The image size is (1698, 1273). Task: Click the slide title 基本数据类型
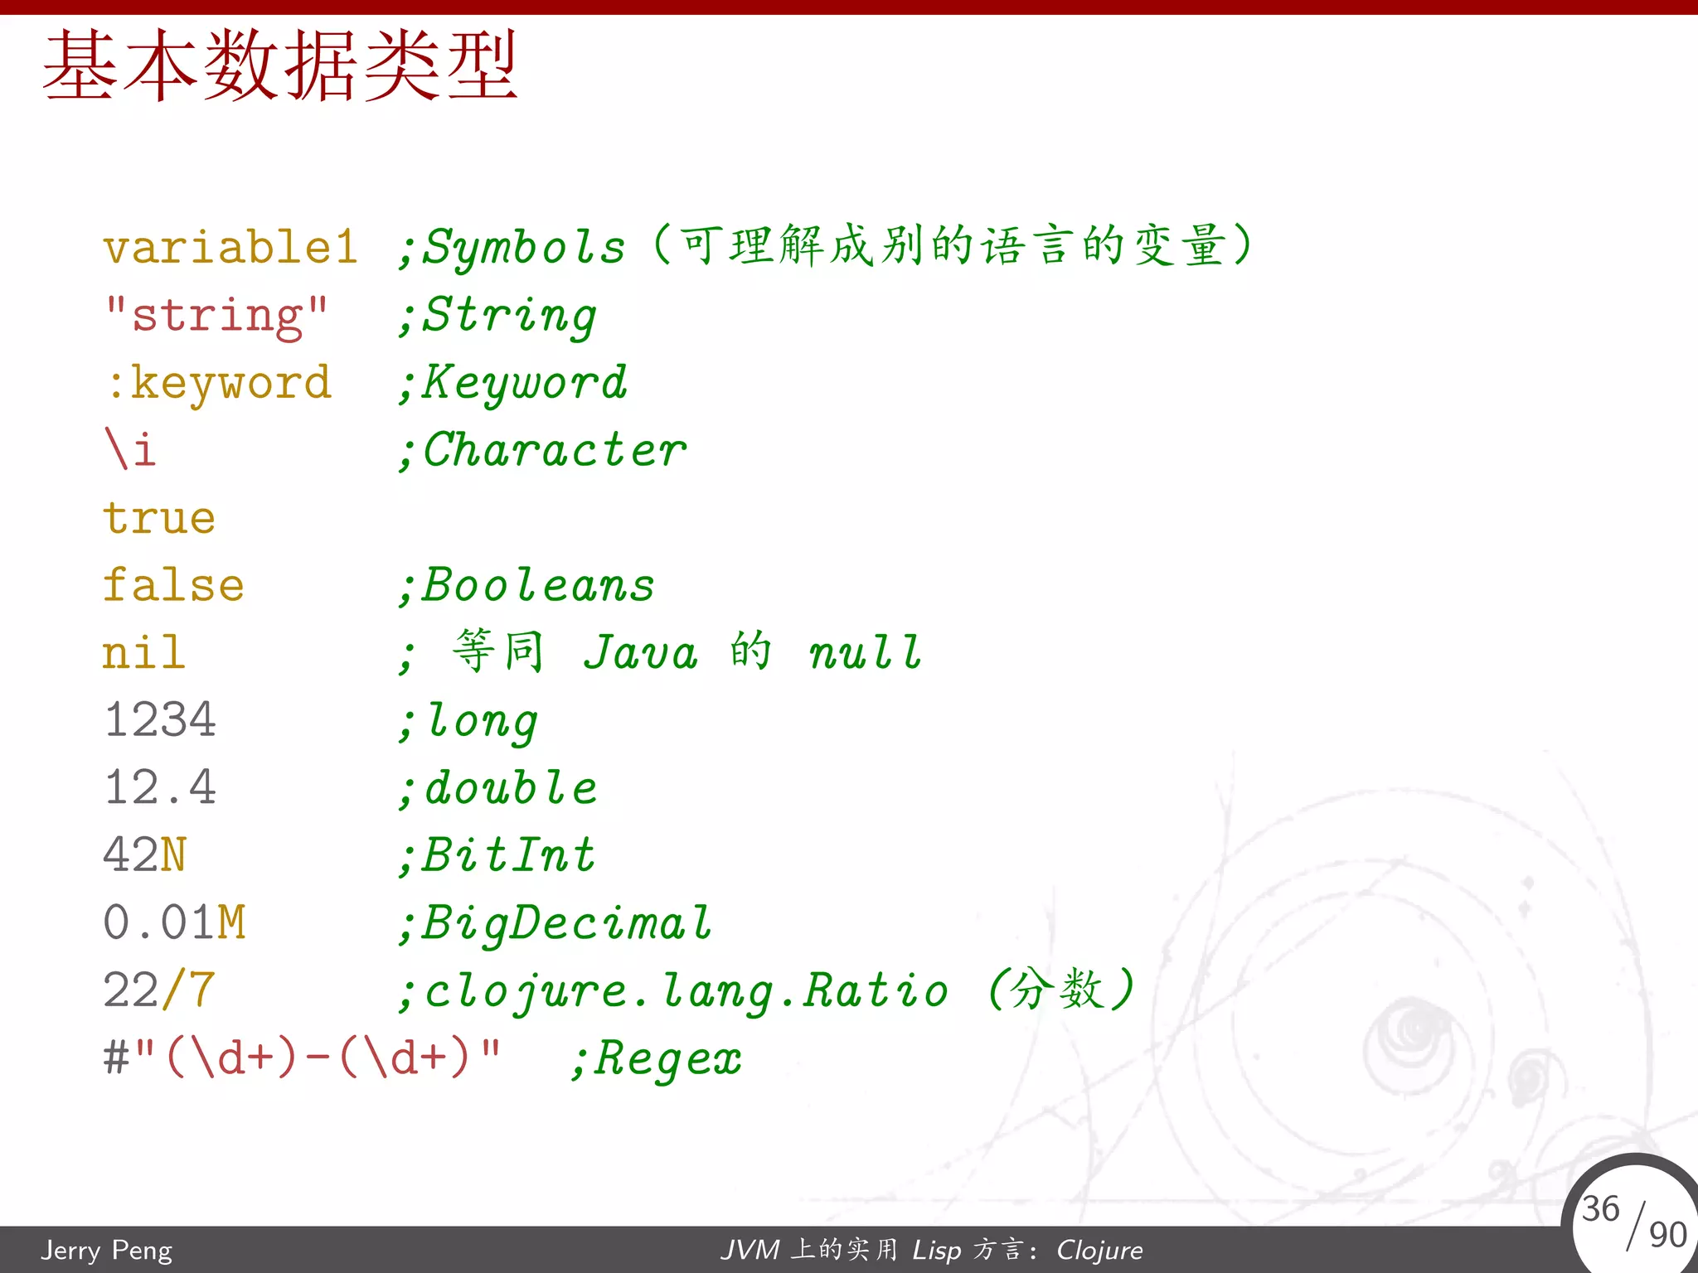(280, 66)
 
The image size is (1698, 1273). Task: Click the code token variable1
(230, 247)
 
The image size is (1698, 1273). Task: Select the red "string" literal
(216, 316)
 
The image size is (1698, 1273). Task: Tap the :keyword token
(220, 383)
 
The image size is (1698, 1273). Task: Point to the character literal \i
(130, 450)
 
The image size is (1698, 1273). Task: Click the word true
(159, 518)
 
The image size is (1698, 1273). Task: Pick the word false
(173, 585)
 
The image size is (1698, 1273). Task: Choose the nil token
(143, 652)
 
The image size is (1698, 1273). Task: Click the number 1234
(160, 719)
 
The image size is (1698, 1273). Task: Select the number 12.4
(160, 787)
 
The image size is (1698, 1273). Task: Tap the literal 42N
(145, 854)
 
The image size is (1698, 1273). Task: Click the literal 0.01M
(174, 922)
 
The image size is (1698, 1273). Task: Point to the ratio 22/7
(159, 990)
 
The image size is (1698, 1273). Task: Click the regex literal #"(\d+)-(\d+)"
(302, 1058)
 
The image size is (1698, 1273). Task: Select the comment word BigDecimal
(567, 923)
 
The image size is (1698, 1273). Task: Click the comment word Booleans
(539, 586)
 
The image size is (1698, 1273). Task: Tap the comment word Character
(554, 451)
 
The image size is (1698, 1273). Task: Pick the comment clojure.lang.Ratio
(686, 991)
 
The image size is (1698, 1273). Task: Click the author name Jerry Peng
(107, 1250)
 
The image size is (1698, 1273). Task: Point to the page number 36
(1600, 1208)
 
